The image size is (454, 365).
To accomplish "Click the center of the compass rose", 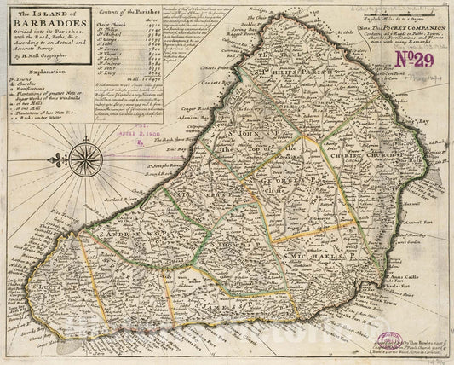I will click(x=84, y=159).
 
